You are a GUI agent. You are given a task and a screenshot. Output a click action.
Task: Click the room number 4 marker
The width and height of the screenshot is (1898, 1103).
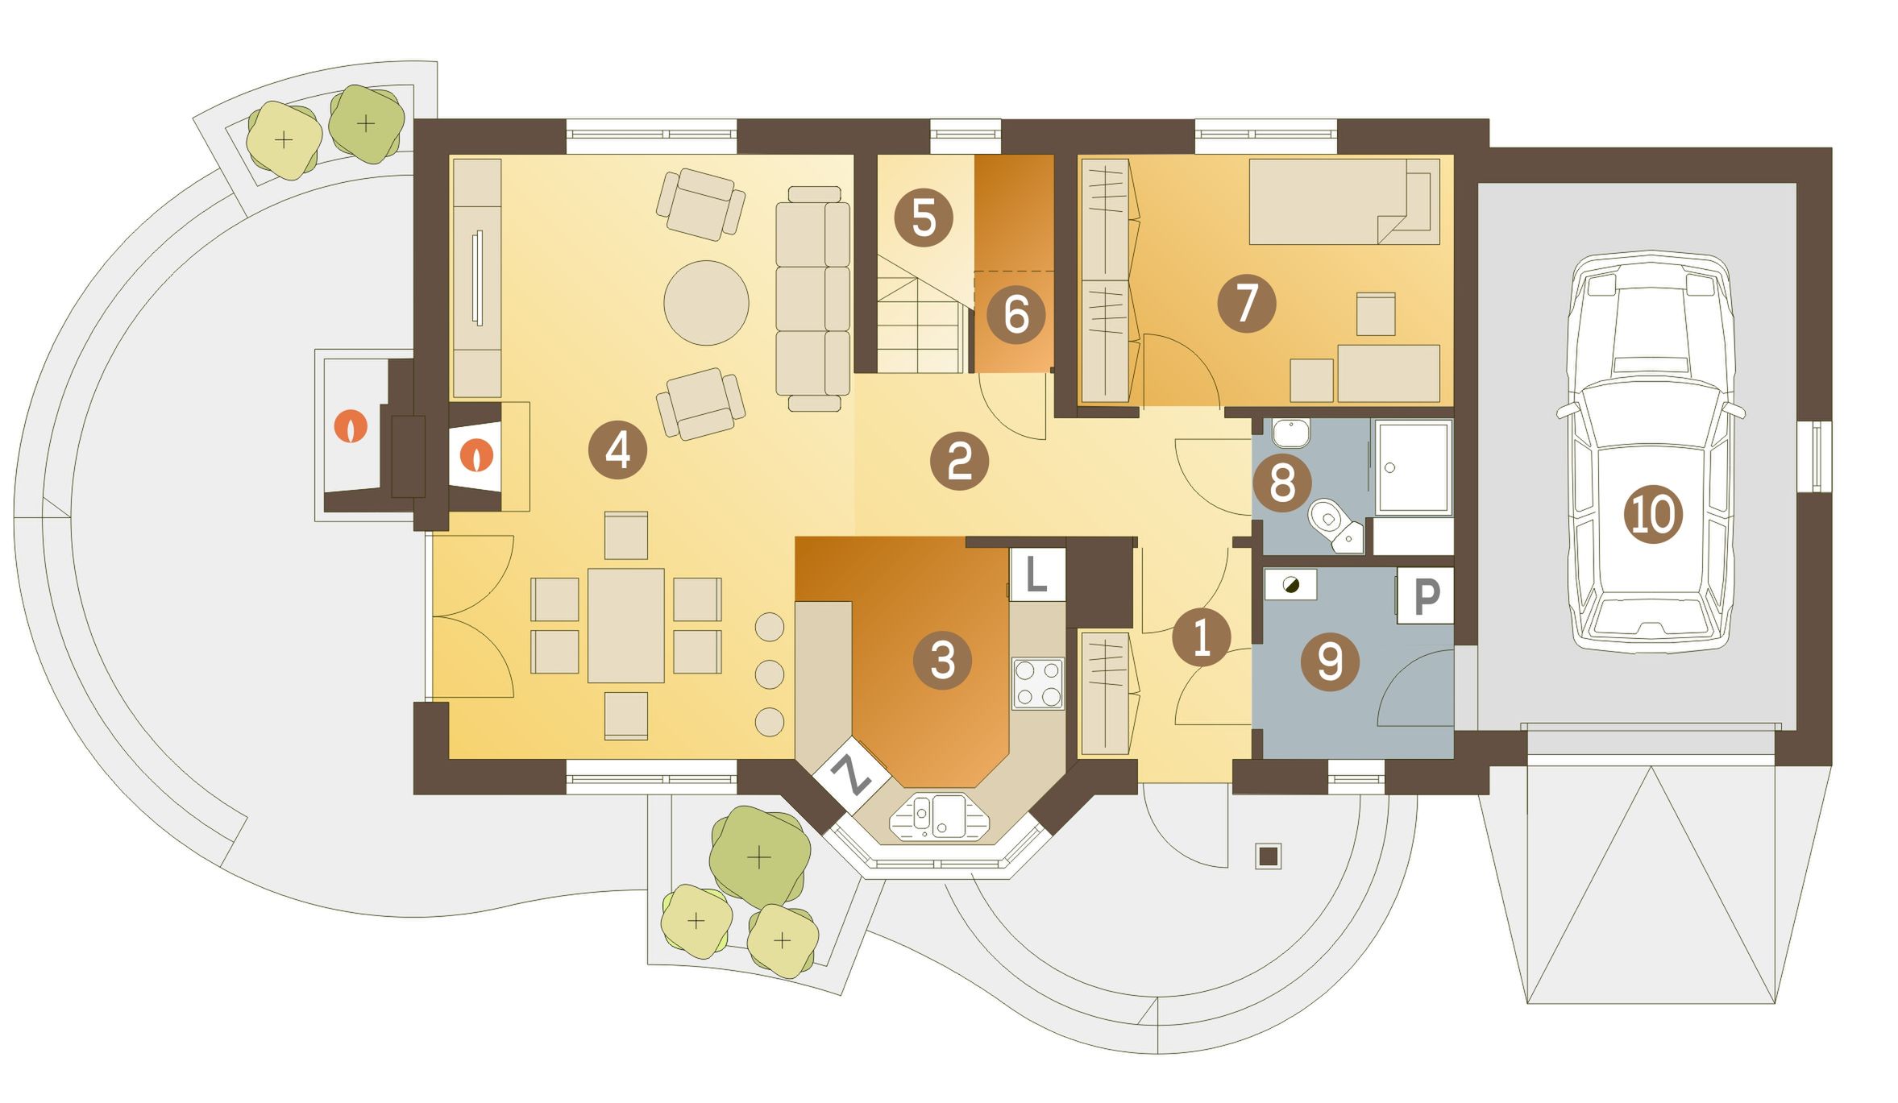coord(617,450)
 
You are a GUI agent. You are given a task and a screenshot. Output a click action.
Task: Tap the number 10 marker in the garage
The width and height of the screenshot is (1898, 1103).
coord(1653,514)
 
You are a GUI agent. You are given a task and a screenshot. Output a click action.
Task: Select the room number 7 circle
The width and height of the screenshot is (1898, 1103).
coord(1246,303)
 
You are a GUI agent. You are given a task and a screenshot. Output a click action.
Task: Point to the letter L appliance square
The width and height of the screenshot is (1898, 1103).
coord(1037,574)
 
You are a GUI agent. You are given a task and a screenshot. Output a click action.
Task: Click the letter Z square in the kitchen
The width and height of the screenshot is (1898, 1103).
coord(851,775)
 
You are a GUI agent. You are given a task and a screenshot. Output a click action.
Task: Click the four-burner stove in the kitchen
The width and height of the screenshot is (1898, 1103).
coord(1038,683)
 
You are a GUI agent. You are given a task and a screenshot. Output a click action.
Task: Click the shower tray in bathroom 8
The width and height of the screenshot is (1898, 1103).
coord(1414,467)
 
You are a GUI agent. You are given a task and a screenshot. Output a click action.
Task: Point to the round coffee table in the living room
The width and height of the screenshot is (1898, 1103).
coord(706,303)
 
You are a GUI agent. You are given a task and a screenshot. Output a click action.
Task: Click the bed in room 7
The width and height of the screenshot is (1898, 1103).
coord(1344,201)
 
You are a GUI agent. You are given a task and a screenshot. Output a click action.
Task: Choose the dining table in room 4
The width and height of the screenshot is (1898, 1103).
coord(625,625)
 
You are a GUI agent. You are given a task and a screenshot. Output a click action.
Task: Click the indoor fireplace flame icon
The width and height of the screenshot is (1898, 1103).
coord(476,456)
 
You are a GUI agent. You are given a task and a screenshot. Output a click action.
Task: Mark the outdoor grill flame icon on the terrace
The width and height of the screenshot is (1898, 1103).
coord(351,426)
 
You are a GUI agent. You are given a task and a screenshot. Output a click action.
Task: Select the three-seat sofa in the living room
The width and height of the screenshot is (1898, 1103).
coord(812,298)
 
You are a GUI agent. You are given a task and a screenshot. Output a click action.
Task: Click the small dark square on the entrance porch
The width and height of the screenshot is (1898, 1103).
coord(1269,856)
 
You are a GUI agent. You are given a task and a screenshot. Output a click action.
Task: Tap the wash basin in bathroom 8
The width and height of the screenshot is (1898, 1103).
coord(1291,433)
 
